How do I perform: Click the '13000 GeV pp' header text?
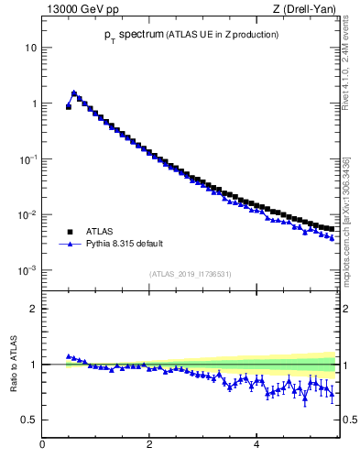point(80,10)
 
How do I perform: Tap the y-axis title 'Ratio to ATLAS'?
point(15,365)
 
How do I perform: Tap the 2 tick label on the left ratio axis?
point(32,309)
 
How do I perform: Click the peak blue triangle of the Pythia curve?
point(74,93)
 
